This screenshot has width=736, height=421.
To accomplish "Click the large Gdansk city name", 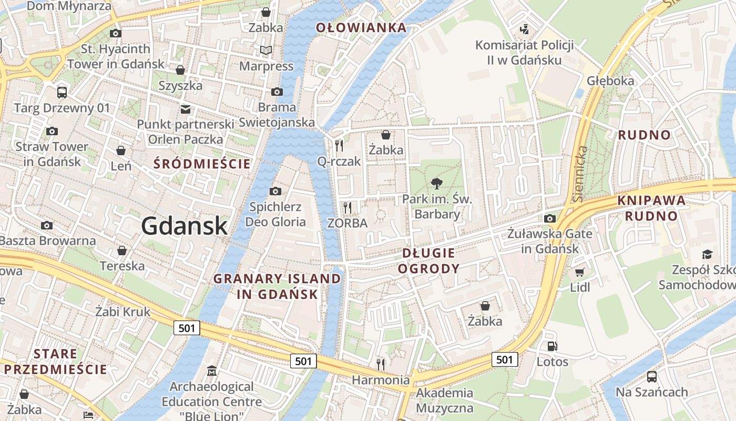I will pyautogui.click(x=184, y=226).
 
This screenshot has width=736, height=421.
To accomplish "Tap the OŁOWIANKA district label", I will pyautogui.click(x=361, y=28).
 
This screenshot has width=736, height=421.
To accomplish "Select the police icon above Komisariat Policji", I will pyautogui.click(x=524, y=29).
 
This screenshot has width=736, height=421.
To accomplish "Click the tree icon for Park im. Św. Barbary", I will pyautogui.click(x=436, y=184).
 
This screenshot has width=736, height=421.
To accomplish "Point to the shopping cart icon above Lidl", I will pyautogui.click(x=580, y=272).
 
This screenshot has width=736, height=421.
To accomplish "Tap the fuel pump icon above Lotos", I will pyautogui.click(x=552, y=346).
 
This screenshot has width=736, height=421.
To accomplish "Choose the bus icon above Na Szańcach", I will pyautogui.click(x=651, y=377).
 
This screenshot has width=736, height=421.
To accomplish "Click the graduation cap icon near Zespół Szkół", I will pyautogui.click(x=707, y=254).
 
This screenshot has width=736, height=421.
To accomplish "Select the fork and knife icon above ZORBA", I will pyautogui.click(x=347, y=207).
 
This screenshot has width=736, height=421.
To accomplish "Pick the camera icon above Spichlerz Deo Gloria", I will pyautogui.click(x=275, y=191).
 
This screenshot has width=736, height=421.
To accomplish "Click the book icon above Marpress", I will pyautogui.click(x=266, y=51).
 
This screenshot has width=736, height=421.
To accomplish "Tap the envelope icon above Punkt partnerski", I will pyautogui.click(x=186, y=109).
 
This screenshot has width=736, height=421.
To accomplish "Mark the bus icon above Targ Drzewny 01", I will pyautogui.click(x=62, y=93).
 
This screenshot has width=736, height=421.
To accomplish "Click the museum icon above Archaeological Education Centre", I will pyautogui.click(x=212, y=371).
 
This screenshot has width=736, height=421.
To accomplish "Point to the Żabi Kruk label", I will pyautogui.click(x=122, y=312).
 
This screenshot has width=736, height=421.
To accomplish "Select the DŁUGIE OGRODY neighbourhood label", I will pyautogui.click(x=428, y=261).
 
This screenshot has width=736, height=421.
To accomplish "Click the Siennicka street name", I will pyautogui.click(x=580, y=174).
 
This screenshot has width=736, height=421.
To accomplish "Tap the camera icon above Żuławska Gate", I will pyautogui.click(x=550, y=218).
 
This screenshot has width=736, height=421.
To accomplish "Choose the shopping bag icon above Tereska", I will pyautogui.click(x=122, y=250).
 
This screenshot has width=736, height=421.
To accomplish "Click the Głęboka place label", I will pyautogui.click(x=610, y=81).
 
